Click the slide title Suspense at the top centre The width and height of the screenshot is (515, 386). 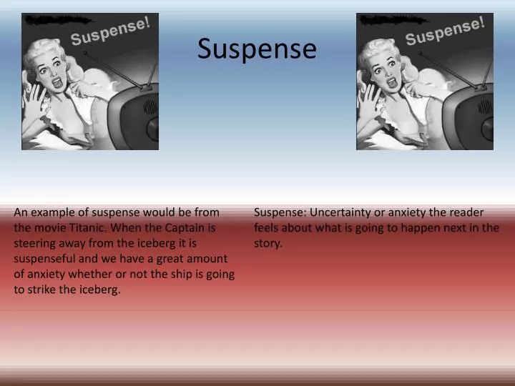click(x=257, y=49)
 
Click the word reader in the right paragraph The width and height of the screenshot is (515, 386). click(x=468, y=212)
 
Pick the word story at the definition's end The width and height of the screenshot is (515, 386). click(x=268, y=244)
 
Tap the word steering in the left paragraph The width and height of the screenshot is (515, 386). click(x=34, y=244)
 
